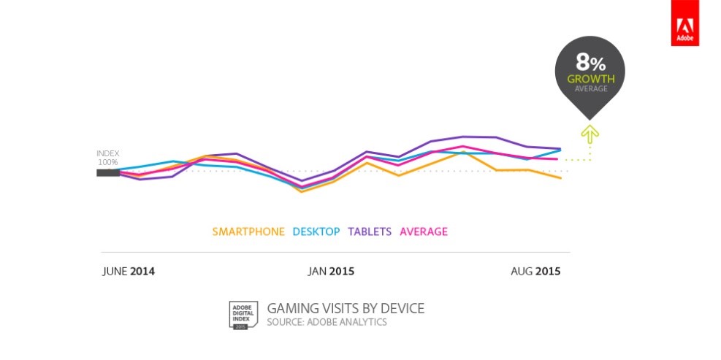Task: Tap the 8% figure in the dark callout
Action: point(590,63)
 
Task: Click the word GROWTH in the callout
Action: point(590,78)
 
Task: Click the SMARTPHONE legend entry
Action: point(248,232)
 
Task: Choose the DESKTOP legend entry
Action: point(316,232)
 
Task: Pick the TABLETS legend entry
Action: point(370,232)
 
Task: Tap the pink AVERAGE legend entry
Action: point(424,232)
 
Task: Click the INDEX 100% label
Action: point(107,158)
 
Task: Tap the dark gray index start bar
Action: point(107,173)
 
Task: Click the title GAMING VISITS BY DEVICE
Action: point(346,308)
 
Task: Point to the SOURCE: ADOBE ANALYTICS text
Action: point(327,322)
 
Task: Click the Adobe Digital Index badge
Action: point(241,314)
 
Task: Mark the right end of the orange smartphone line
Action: point(560,178)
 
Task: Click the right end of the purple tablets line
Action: point(560,148)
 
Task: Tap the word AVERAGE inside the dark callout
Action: point(590,88)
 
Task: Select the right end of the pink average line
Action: point(558,159)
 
